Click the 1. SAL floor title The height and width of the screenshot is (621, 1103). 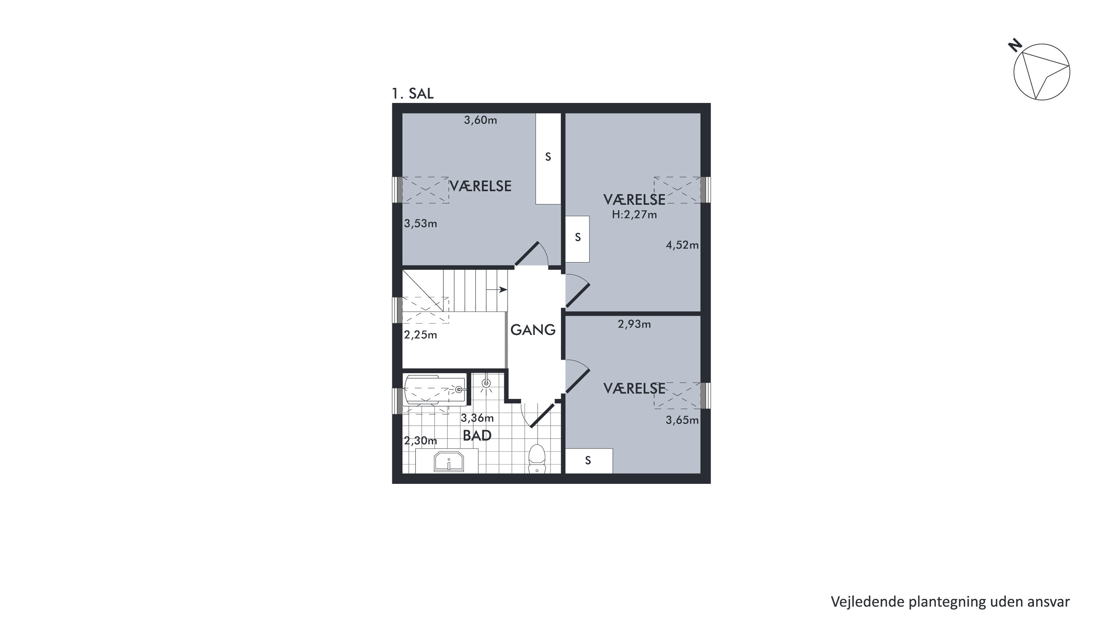point(413,93)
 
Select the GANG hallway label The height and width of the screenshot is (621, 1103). point(533,329)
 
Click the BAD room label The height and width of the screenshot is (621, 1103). point(477,436)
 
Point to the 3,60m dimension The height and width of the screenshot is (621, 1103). point(481,120)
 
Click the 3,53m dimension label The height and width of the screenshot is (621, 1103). point(421,223)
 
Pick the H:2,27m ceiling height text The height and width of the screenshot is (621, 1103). point(634,215)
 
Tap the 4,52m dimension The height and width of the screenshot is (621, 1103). point(682,245)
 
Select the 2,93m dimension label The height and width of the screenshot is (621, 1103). point(634,324)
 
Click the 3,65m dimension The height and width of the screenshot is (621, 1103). point(682,420)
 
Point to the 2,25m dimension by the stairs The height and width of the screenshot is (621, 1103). point(421,335)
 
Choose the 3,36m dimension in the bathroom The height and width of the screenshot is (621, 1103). point(477,418)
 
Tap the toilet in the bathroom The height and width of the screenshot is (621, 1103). point(537,459)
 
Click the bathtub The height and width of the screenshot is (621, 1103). point(435,390)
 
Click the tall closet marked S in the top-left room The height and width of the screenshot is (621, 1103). point(549,158)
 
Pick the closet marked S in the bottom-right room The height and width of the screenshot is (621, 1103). point(589,461)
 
